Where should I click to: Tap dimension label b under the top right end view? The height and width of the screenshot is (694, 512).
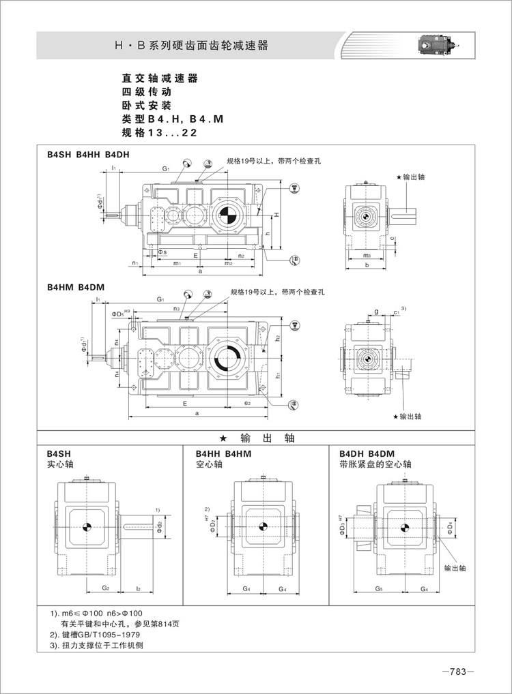pos(367,265)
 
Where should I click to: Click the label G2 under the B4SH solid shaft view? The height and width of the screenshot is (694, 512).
pos(106,586)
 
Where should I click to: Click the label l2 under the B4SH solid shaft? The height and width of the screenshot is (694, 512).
pos(138,586)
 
